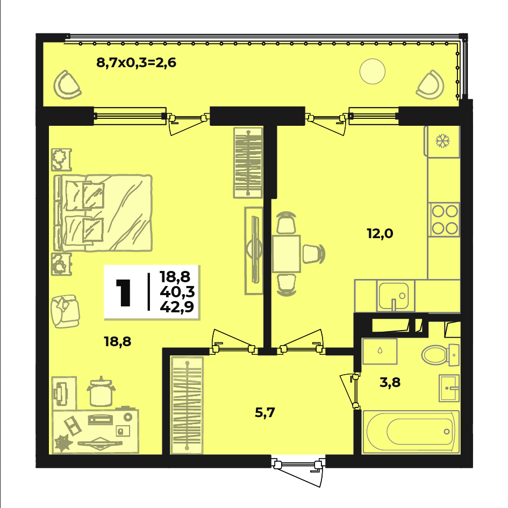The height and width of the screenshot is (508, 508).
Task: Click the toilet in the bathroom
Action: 440,355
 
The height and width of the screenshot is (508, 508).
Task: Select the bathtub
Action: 411,432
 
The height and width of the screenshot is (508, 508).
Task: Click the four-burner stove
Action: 444,220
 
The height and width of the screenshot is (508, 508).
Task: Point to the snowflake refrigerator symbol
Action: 442,141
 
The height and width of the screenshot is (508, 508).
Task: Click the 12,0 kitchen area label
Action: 380,234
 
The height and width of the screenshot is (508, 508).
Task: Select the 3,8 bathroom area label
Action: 390,383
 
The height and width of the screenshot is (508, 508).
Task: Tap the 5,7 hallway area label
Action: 264,413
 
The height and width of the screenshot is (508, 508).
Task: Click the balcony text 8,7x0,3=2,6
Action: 136,62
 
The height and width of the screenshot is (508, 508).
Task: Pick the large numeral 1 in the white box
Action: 124,292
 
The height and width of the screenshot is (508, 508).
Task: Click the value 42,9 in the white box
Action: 177,306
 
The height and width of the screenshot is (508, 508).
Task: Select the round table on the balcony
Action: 372,71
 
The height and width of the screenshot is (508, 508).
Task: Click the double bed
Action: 103,213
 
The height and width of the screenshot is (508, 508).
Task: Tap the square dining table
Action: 287,254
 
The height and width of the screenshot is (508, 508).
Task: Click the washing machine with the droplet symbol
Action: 380,352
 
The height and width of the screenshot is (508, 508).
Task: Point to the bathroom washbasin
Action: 449,388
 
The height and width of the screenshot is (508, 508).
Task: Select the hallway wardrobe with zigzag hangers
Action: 187,405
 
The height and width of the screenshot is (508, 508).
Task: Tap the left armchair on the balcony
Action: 67,85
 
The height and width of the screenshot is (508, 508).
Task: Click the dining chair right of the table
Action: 313,254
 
